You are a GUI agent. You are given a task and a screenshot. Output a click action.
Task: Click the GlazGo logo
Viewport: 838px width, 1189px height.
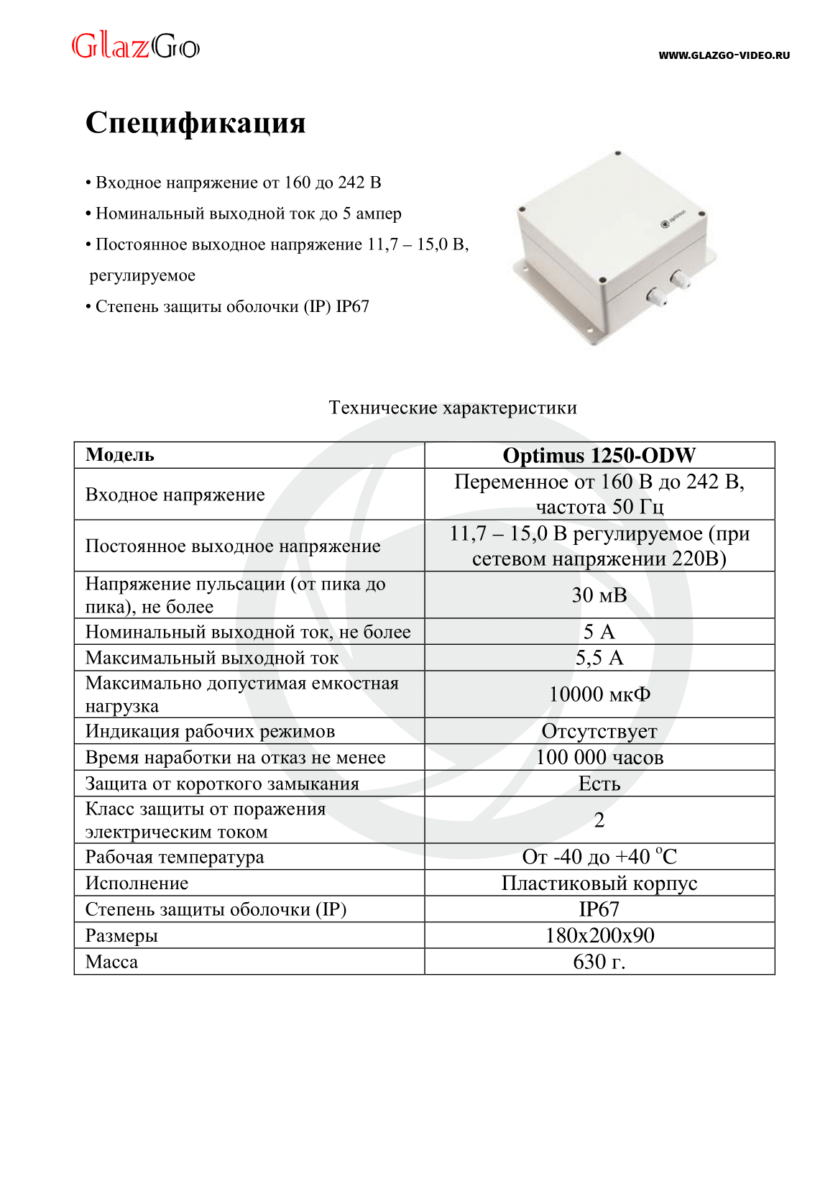(x=135, y=47)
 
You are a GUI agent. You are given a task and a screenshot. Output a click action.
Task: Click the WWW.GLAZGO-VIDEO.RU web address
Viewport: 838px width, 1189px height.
(x=724, y=55)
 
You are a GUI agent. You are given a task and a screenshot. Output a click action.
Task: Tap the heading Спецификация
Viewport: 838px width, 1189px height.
(x=195, y=123)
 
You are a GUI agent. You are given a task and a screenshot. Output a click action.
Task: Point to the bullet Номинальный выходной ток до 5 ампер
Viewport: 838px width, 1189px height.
(x=244, y=214)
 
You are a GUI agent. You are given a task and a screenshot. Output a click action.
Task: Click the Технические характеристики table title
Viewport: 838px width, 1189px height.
(x=452, y=408)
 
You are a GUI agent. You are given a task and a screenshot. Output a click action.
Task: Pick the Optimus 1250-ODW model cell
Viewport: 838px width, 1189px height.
(x=599, y=455)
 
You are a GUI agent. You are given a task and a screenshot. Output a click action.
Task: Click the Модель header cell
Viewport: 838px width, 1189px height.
(x=120, y=455)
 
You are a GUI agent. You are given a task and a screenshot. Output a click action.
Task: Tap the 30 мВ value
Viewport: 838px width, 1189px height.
(x=599, y=595)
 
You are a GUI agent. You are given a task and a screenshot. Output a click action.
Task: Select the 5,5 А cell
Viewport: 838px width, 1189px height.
(x=599, y=658)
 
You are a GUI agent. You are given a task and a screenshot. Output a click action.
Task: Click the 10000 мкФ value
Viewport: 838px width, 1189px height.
(x=599, y=694)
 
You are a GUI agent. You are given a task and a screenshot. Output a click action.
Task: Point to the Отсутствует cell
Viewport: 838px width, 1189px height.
(x=599, y=731)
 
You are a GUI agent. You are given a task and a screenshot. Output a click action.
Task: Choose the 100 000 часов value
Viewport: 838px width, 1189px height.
(x=599, y=757)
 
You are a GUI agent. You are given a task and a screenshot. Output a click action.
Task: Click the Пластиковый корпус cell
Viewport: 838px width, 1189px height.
(x=599, y=883)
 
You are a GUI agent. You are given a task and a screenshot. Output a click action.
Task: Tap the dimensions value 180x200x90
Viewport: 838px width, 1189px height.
(x=599, y=935)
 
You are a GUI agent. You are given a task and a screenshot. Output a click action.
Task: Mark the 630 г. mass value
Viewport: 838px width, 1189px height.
(x=599, y=962)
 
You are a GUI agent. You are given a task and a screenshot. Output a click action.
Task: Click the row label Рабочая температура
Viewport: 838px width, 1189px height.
(x=175, y=857)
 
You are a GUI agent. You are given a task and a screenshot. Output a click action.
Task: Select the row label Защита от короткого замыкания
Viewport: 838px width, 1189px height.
(x=222, y=784)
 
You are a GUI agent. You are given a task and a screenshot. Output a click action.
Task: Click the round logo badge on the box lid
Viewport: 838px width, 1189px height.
(x=665, y=224)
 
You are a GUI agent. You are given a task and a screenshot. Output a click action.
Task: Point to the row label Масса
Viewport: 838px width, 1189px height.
(x=111, y=962)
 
